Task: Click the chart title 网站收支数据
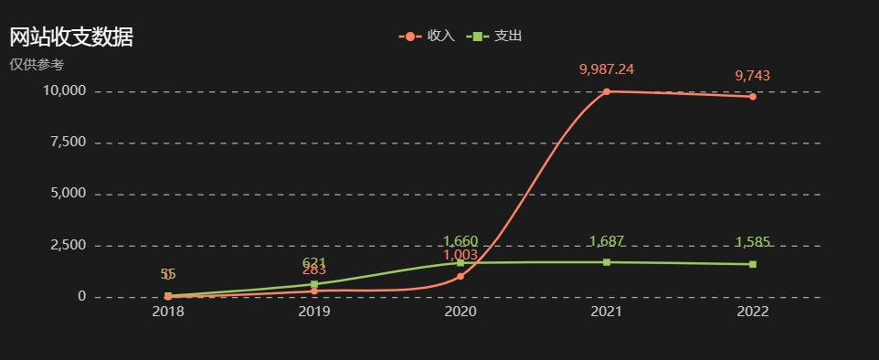71,37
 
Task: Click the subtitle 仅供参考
37,65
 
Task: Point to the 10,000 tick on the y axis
64,91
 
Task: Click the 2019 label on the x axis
314,312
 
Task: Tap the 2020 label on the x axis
461,312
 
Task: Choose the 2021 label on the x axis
607,312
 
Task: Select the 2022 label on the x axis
753,312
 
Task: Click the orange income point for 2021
607,91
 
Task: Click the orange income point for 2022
753,96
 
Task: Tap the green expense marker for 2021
607,262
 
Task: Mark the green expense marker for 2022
753,264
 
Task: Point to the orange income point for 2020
461,276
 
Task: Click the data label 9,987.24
607,69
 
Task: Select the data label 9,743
753,76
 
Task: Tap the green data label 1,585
753,243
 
